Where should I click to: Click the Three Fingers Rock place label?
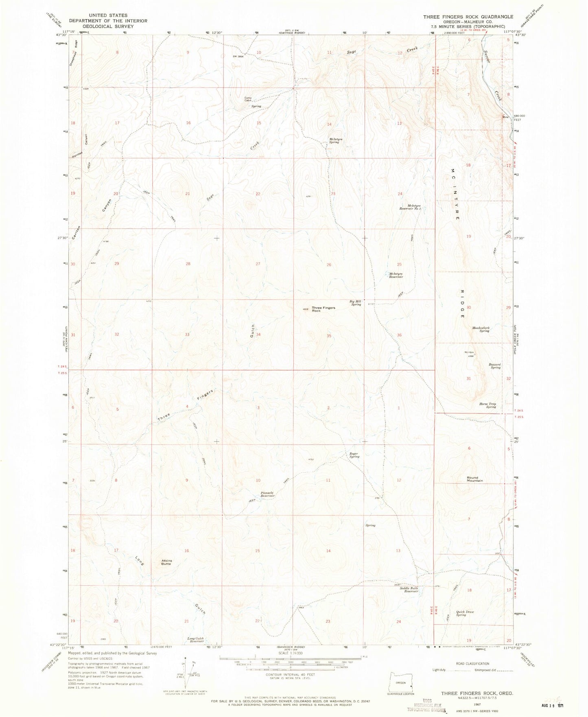324,309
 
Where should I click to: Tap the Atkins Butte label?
166,562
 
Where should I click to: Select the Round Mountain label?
474,479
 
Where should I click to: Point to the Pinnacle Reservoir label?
268,494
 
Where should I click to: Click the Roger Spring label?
354,455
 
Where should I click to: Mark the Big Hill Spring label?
356,303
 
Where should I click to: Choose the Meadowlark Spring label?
481,329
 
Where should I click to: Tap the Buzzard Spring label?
495,366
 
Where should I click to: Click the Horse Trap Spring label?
487,405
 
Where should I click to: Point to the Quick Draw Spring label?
465,613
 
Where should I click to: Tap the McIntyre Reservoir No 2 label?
411,207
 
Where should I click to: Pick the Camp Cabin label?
248,99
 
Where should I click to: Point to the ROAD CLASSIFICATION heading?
472,664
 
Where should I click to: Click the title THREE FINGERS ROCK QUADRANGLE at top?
468,17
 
